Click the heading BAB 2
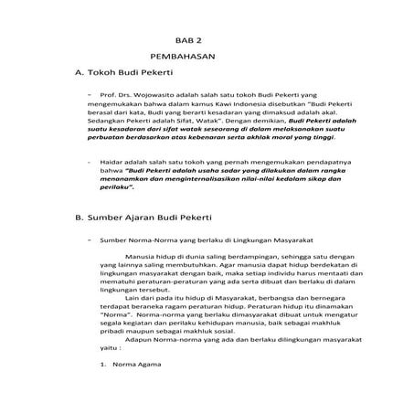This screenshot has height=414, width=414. pos(188,40)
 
